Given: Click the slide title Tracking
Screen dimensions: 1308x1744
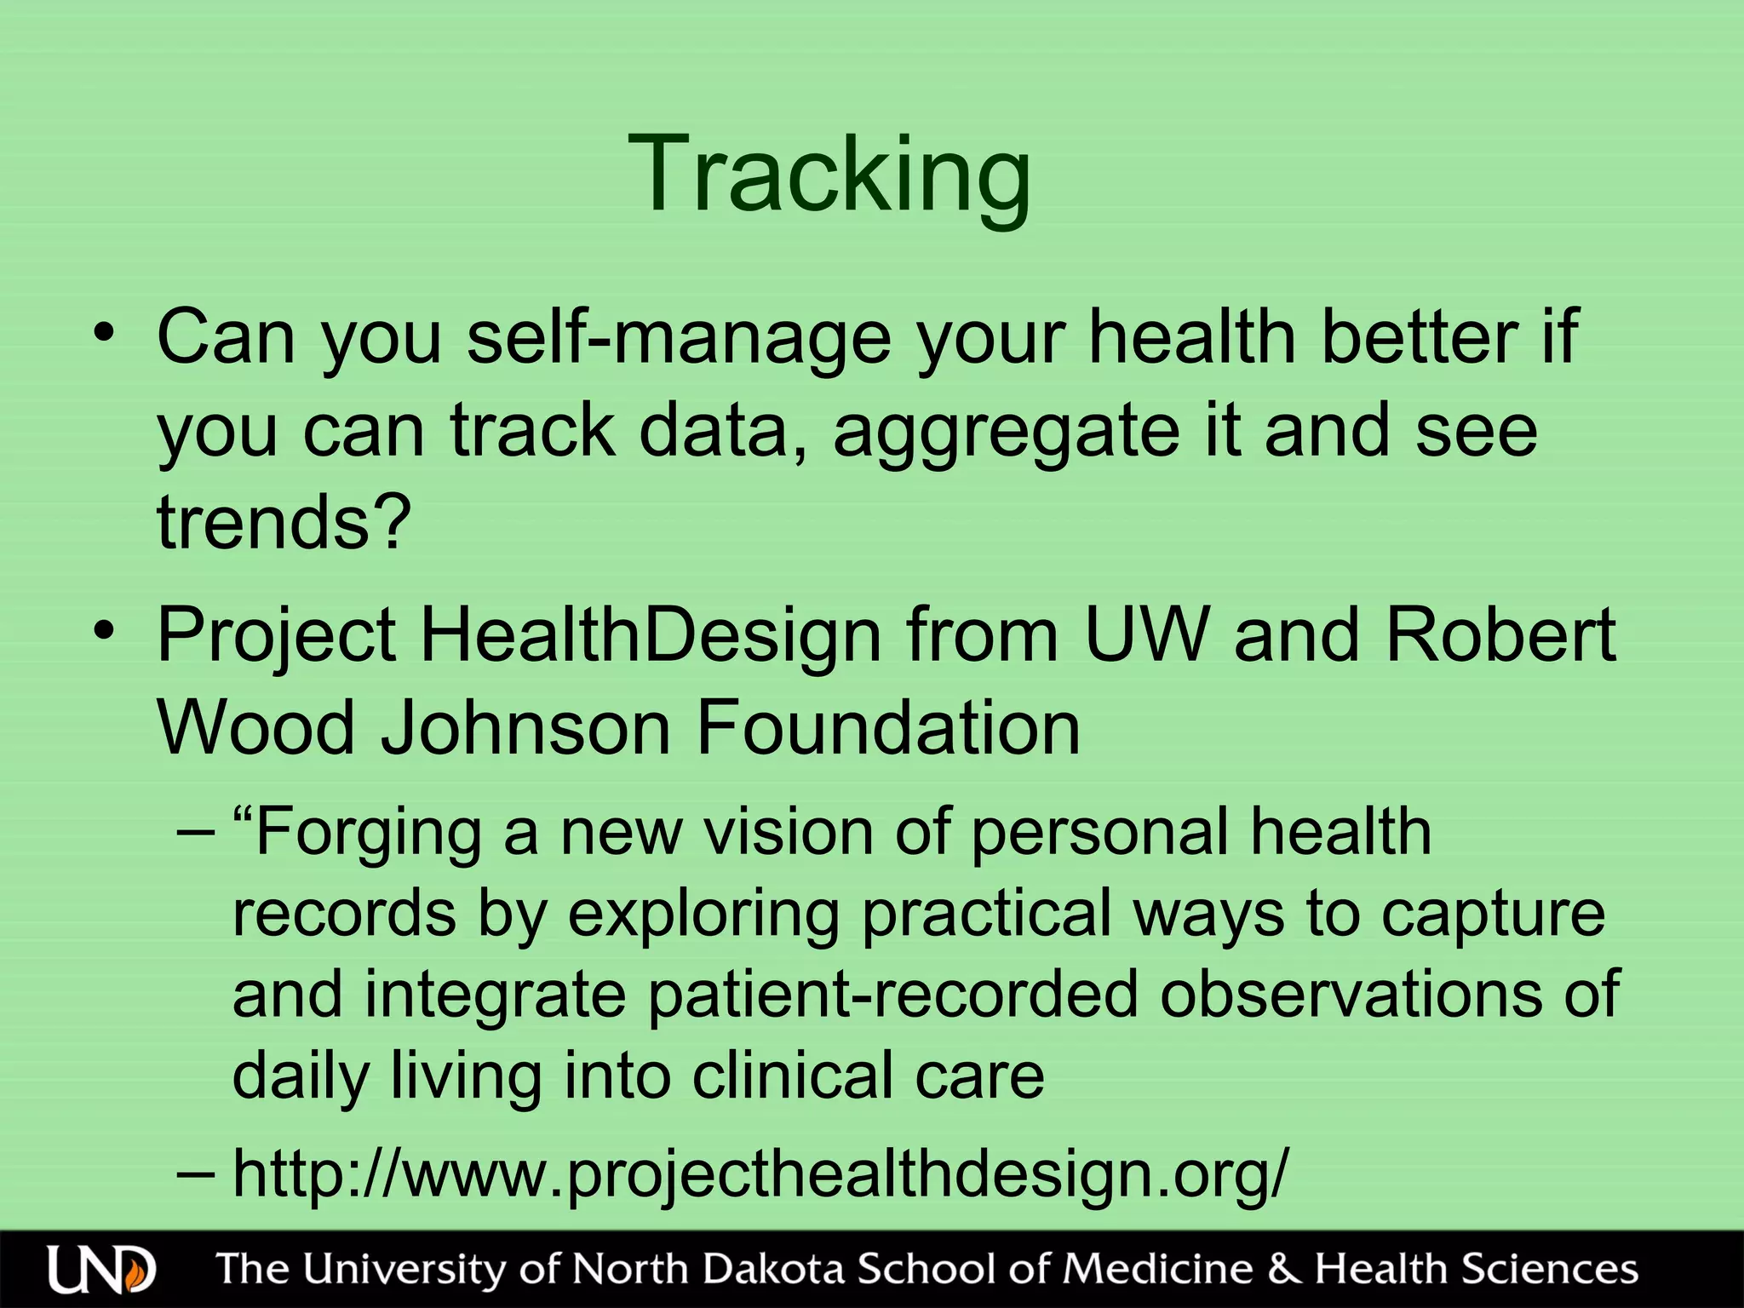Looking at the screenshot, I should (x=829, y=175).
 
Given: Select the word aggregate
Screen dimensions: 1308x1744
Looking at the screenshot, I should (x=1006, y=432).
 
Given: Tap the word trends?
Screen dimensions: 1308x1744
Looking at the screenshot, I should (x=284, y=521).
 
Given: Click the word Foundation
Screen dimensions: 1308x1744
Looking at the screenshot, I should (x=888, y=728).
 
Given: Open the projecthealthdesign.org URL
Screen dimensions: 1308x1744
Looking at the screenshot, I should (x=760, y=1173).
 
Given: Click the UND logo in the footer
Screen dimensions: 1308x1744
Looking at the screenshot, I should (x=101, y=1270).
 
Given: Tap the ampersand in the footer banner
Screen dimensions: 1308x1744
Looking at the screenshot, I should (x=1284, y=1269).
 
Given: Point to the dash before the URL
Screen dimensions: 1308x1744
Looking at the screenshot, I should (x=195, y=1173).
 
